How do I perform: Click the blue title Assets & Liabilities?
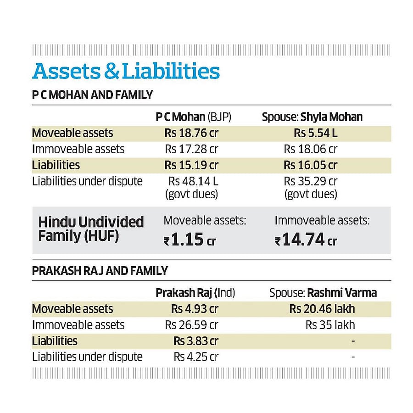126,72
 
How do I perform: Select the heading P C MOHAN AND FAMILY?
92,95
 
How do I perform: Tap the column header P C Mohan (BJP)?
193,117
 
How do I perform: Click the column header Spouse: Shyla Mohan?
312,117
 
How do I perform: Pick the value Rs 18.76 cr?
191,133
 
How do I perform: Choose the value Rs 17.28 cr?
191,149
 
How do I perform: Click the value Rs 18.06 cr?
311,149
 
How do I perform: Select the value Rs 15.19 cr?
191,165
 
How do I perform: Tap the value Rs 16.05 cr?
311,165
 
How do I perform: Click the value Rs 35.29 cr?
311,181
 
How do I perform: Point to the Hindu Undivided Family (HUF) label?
91,229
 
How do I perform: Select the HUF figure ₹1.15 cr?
190,240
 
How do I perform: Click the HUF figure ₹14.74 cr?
306,240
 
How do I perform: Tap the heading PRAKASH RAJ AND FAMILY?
100,271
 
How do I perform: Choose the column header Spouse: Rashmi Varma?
323,293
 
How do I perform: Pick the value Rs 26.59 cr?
191,325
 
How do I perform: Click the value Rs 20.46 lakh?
322,309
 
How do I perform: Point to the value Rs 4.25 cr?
196,357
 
